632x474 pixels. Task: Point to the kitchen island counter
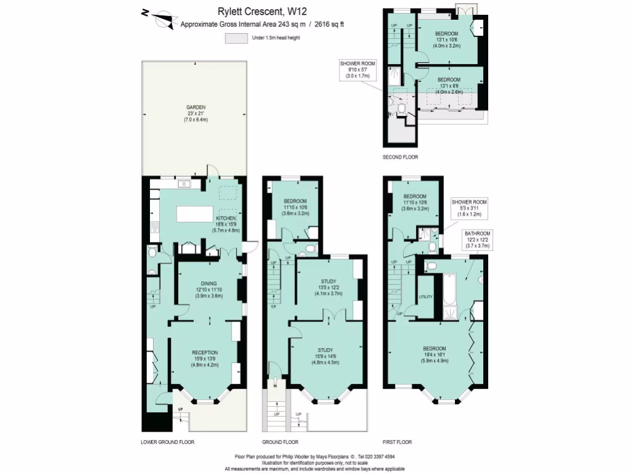194,214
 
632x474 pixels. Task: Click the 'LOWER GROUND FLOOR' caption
168,442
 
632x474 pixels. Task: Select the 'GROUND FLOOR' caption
280,442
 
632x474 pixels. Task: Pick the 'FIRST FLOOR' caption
397,442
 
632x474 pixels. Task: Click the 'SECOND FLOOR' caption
400,157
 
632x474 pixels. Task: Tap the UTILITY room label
426,297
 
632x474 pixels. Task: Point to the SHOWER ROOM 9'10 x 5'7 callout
357,69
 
